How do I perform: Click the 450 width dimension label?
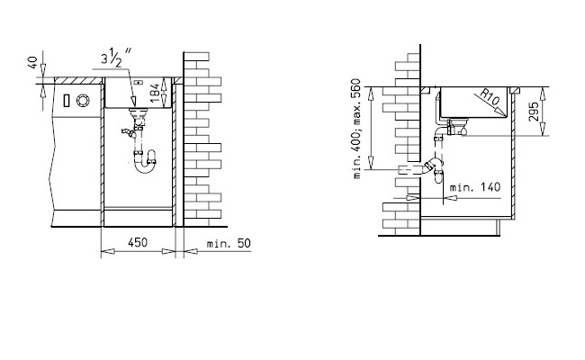pyautogui.click(x=138, y=243)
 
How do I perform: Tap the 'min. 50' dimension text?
pyautogui.click(x=229, y=244)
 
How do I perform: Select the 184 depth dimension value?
pyautogui.click(x=155, y=93)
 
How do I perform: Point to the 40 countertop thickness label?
pyautogui.click(x=32, y=62)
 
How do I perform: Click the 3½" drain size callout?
pyautogui.click(x=116, y=58)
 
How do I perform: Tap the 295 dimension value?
pyautogui.click(x=534, y=112)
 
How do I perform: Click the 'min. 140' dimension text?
pyautogui.click(x=474, y=187)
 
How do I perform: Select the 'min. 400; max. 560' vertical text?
pyautogui.click(x=357, y=129)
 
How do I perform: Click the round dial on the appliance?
pyautogui.click(x=83, y=101)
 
